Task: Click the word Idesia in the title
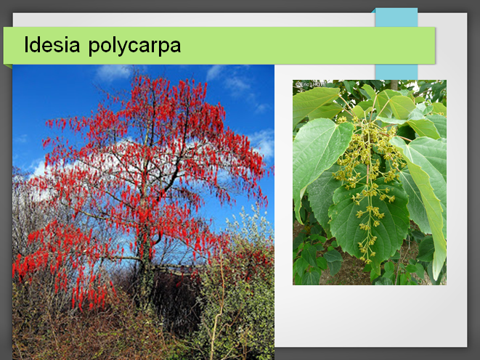coord(52,45)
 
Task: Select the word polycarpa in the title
coord(134,46)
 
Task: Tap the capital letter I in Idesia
coord(25,45)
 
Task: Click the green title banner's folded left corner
coord(7,66)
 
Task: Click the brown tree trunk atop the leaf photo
coord(394,85)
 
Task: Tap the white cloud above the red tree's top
coord(114,73)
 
